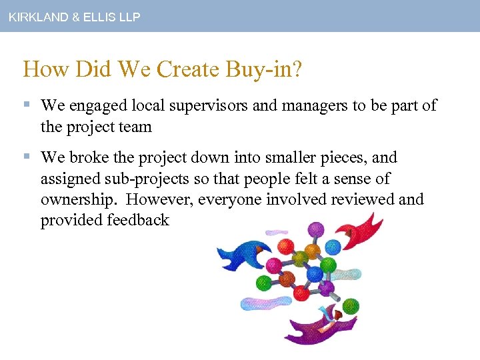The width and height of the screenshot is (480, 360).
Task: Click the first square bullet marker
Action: (x=27, y=105)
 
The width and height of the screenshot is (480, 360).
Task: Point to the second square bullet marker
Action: (x=27, y=158)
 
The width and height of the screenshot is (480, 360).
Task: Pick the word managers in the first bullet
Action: (x=314, y=105)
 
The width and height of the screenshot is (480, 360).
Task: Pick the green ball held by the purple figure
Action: (x=351, y=307)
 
